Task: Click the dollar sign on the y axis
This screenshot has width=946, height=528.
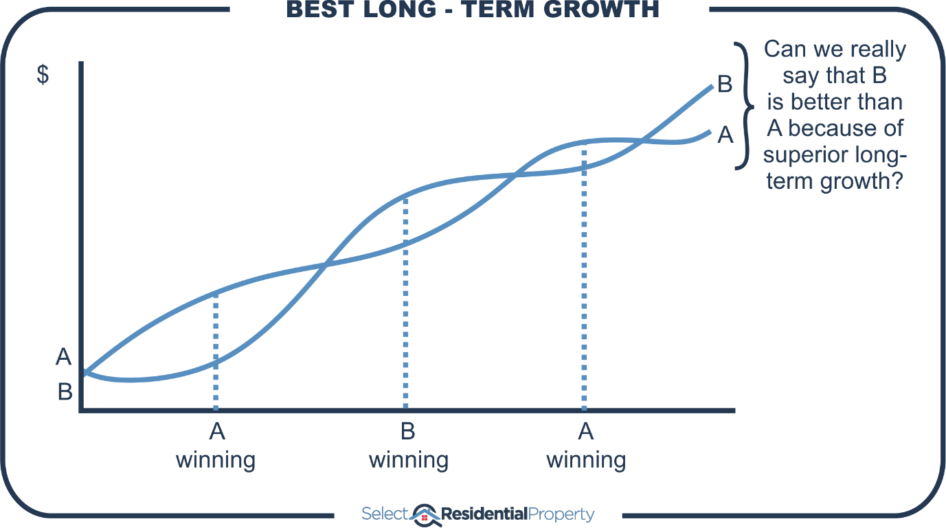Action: pyautogui.click(x=43, y=76)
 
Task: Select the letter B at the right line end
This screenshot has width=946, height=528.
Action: pyautogui.click(x=725, y=84)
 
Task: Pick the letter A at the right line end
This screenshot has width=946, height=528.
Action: pyautogui.click(x=725, y=136)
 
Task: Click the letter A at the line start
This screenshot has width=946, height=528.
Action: pyautogui.click(x=64, y=357)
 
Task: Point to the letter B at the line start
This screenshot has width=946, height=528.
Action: pyautogui.click(x=65, y=392)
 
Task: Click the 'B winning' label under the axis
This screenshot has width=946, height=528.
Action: pyautogui.click(x=408, y=446)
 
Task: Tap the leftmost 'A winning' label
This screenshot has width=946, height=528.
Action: pyautogui.click(x=216, y=446)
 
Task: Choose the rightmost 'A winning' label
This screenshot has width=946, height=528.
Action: pyautogui.click(x=585, y=446)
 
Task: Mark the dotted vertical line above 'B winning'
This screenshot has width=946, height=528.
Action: pyautogui.click(x=405, y=302)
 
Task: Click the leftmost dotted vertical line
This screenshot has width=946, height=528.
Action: pyautogui.click(x=216, y=350)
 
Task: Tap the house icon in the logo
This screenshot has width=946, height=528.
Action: pyautogui.click(x=425, y=514)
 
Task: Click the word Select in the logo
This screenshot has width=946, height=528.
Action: pyautogui.click(x=385, y=514)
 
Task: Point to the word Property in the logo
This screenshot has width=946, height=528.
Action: pyautogui.click(x=562, y=514)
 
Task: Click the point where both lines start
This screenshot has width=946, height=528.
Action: pyautogui.click(x=85, y=373)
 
